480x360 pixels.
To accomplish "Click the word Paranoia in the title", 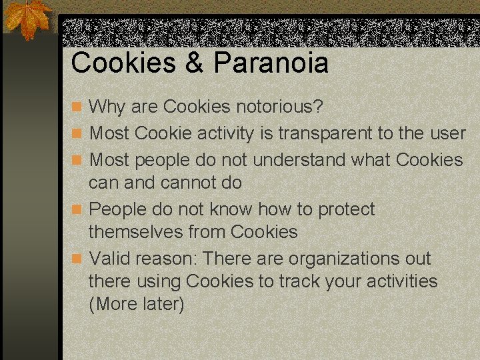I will tap(271, 63).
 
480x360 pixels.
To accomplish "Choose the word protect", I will tap(346, 209).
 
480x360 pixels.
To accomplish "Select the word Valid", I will tap(110, 259).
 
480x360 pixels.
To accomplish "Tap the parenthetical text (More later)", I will tap(136, 304).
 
